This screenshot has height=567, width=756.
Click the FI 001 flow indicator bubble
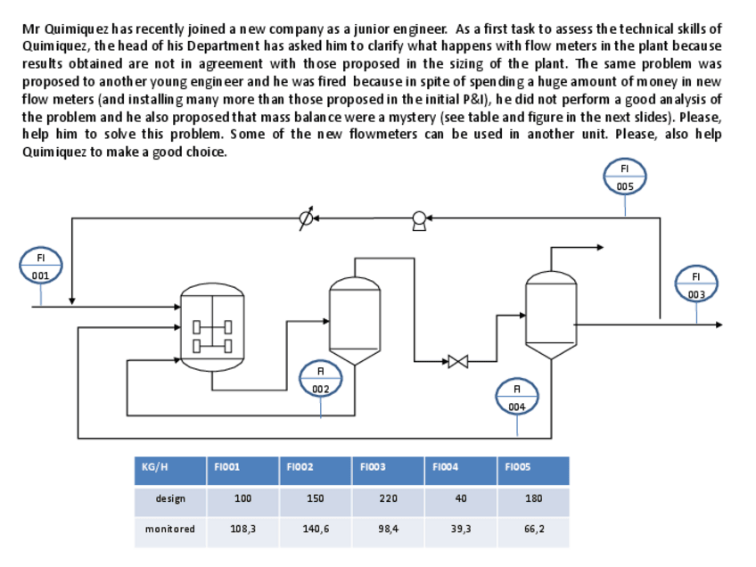click(40, 266)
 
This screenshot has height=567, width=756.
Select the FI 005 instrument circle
click(625, 177)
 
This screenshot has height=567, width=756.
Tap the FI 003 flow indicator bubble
click(696, 284)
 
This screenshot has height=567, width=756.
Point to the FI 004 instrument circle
click(517, 397)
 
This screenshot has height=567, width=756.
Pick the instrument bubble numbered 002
click(321, 379)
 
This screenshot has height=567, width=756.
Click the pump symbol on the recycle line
click(419, 221)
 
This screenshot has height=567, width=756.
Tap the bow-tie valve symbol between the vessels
click(458, 361)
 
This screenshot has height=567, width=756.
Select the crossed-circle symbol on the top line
click(306, 218)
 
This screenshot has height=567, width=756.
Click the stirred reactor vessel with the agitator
click(212, 327)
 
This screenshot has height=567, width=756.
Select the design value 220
click(388, 498)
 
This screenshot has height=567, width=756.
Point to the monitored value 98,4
click(388, 529)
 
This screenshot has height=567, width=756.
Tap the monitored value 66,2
click(534, 529)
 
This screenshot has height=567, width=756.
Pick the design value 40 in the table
click(461, 498)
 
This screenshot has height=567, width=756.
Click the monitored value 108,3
click(243, 529)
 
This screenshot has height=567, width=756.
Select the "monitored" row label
click(170, 529)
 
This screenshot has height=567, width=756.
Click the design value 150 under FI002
click(316, 498)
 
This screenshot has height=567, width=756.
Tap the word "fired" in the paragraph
click(333, 81)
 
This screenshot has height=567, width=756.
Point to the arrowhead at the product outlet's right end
click(719, 325)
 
